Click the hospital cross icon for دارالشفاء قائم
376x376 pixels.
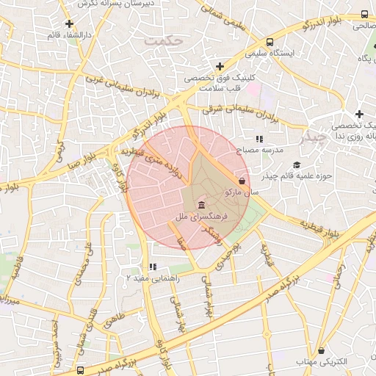coord(68,23)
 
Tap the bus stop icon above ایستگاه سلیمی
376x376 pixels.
coord(270,42)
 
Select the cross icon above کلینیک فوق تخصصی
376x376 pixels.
coord(220,67)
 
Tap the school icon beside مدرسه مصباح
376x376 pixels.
coord(258,138)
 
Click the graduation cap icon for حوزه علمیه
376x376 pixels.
coord(297,164)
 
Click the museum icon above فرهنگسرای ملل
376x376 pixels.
coord(201,203)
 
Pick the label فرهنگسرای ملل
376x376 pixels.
coord(202,217)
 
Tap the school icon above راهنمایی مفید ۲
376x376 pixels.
coord(152,267)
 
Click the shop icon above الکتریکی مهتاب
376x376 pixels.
coord(320,351)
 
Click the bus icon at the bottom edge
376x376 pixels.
coord(80,370)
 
